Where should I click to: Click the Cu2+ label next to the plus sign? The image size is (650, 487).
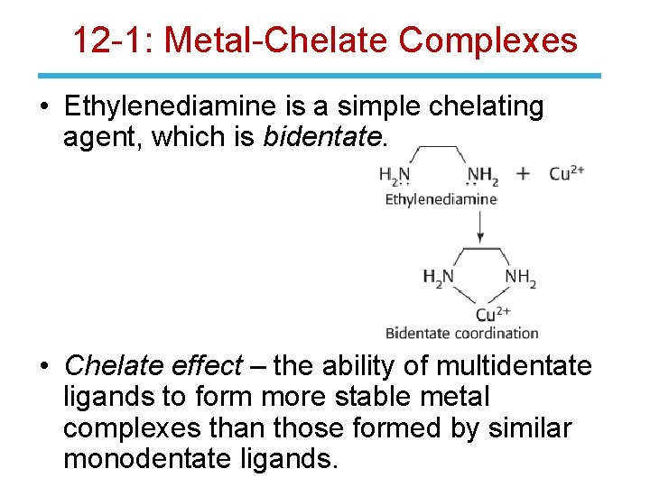click(x=567, y=172)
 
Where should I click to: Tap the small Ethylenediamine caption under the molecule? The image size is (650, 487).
click(x=441, y=199)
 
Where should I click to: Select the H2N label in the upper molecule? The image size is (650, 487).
click(x=395, y=174)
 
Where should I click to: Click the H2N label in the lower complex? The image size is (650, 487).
click(x=439, y=277)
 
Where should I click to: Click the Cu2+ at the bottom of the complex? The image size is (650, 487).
click(x=493, y=313)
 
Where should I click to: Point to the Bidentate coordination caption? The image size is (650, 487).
click(x=461, y=333)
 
